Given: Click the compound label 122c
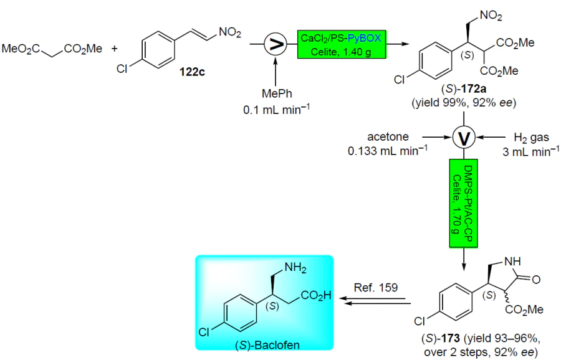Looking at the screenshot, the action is point(192,72).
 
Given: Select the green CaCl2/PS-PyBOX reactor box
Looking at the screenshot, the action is point(342,44).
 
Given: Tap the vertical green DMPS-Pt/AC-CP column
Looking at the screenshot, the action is point(464,203).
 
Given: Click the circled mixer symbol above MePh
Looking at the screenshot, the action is point(276,44).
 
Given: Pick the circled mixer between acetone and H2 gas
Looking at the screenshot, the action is point(464,137).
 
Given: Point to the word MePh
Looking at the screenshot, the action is point(277,93).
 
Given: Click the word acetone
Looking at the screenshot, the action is point(388,137).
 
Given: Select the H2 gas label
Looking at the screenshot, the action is point(531,138).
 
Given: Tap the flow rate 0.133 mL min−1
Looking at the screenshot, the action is point(388,151).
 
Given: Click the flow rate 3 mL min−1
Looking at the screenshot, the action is point(531,151).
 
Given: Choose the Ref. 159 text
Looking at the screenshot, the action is point(376,287).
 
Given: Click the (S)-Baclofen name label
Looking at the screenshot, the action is point(267,345).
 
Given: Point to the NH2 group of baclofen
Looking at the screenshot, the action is point(295,268).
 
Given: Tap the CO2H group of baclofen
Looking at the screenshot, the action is point(316,296).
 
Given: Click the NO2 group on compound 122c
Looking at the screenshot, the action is point(230,32).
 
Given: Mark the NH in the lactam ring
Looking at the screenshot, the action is point(512,262).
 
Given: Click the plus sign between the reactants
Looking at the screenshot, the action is point(114,48).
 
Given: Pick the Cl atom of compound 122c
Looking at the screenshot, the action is point(122,69).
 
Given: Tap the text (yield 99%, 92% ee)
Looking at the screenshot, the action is point(464,103).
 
